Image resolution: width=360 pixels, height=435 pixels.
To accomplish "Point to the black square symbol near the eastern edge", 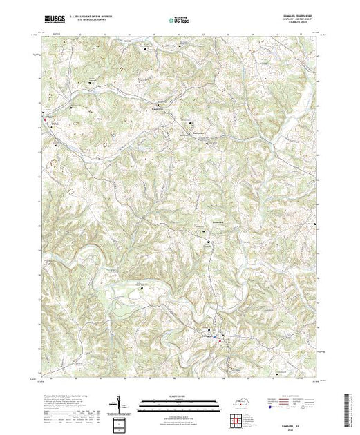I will [316, 226].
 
